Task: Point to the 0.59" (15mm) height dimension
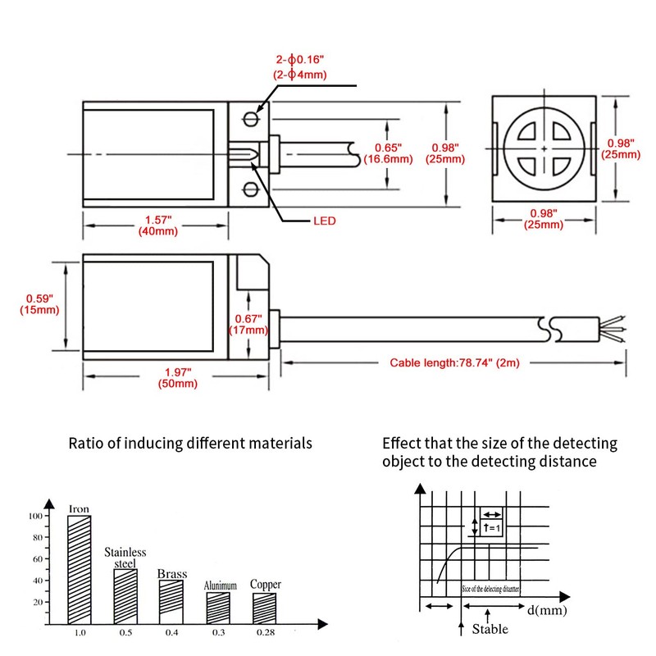[39, 304]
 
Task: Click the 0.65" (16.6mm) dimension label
[393, 153]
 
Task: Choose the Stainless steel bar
[125, 595]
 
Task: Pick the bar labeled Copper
[264, 608]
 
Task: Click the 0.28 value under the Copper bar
[265, 633]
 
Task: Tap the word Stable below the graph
[490, 629]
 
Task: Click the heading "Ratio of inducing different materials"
[190, 443]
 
